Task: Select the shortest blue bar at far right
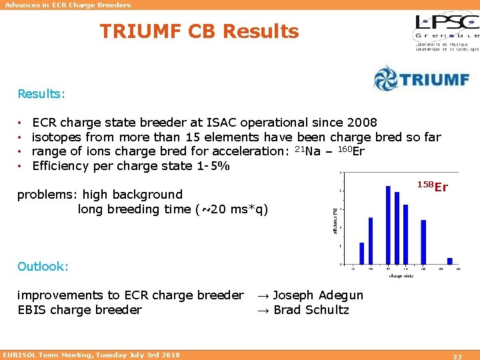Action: tap(449, 261)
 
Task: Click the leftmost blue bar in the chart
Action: tap(362, 253)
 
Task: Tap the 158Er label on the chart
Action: tap(433, 187)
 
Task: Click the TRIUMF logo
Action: tap(421, 78)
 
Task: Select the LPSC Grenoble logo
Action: tap(445, 32)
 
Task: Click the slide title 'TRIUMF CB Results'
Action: tap(199, 31)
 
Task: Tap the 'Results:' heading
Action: tap(41, 94)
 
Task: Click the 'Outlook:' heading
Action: tap(43, 267)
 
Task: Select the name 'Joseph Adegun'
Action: tap(318, 295)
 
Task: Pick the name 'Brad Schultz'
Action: tap(311, 310)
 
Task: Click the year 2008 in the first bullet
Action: tap(362, 123)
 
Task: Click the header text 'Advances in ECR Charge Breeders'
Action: tap(68, 5)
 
